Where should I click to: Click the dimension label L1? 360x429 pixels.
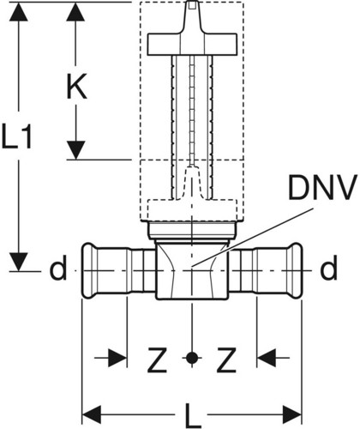pyautogui.click(x=16, y=136)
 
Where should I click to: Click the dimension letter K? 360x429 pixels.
pyautogui.click(x=76, y=86)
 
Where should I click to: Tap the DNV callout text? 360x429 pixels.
pyautogui.click(x=322, y=188)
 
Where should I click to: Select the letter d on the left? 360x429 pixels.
pyautogui.click(x=58, y=268)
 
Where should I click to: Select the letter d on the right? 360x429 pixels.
pyautogui.click(x=328, y=268)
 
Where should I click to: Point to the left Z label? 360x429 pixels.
pyautogui.click(x=157, y=360)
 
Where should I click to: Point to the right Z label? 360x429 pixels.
pyautogui.click(x=226, y=360)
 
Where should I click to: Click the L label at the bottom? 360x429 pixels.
pyautogui.click(x=193, y=415)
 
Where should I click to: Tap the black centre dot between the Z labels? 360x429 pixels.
pyautogui.click(x=192, y=358)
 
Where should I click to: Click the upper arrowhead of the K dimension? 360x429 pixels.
pyautogui.click(x=75, y=11)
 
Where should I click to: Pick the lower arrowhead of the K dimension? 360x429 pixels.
pyautogui.click(x=75, y=150)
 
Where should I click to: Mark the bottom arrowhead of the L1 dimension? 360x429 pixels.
pyautogui.click(x=19, y=262)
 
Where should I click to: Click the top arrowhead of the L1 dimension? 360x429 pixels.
pyautogui.click(x=19, y=11)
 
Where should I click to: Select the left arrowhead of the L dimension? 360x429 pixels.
pyautogui.click(x=92, y=414)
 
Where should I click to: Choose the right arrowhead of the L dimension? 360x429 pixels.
pyautogui.click(x=292, y=414)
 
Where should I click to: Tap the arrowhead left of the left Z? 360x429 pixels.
pyautogui.click(x=117, y=358)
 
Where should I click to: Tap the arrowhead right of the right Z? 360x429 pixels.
pyautogui.click(x=267, y=358)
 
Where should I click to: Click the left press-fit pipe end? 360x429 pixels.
pyautogui.click(x=118, y=270)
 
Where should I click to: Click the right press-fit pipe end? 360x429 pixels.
pyautogui.click(x=266, y=270)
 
